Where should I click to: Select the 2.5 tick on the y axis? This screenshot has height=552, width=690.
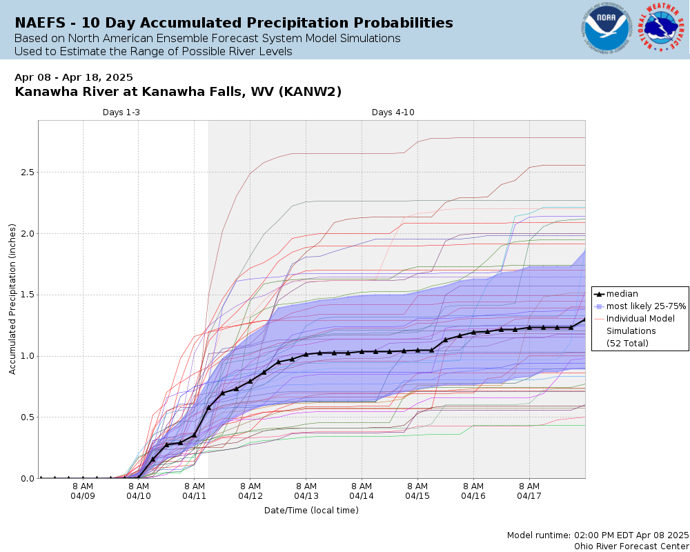click(x=26, y=172)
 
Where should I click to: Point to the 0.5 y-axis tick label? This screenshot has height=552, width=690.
click(x=26, y=417)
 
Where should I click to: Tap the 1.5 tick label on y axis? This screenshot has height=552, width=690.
click(x=26, y=295)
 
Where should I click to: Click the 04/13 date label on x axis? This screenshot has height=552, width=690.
click(x=306, y=495)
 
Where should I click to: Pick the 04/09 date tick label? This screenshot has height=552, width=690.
click(x=83, y=495)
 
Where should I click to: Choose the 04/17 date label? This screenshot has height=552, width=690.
click(x=529, y=495)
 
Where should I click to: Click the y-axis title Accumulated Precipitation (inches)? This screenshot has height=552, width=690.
click(x=12, y=299)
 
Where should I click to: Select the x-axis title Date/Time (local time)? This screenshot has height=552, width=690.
click(x=311, y=510)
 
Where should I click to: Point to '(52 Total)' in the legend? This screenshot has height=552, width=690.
click(x=627, y=343)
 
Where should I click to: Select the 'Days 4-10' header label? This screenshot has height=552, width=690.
click(x=393, y=112)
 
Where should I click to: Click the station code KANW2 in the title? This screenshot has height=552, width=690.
click(x=315, y=92)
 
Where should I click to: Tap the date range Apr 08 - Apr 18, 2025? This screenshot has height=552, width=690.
click(x=74, y=77)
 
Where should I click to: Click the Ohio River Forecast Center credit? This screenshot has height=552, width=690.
click(x=631, y=546)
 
